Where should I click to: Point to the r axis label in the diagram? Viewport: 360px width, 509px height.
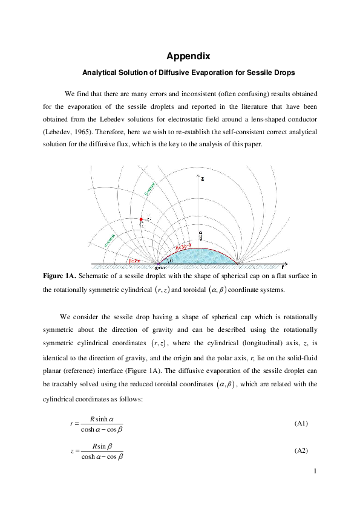click(x=283, y=266)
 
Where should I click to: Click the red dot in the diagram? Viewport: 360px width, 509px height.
click(x=142, y=219)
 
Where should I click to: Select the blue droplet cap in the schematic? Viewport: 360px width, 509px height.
click(x=200, y=256)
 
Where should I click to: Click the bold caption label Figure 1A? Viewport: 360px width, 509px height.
click(x=59, y=276)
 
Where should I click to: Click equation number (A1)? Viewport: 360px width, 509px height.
click(x=301, y=423)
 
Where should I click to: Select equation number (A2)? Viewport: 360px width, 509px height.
click(x=301, y=451)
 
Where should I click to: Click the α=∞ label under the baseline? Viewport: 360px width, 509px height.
click(x=160, y=267)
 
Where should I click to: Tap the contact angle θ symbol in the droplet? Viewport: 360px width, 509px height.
click(x=171, y=260)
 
